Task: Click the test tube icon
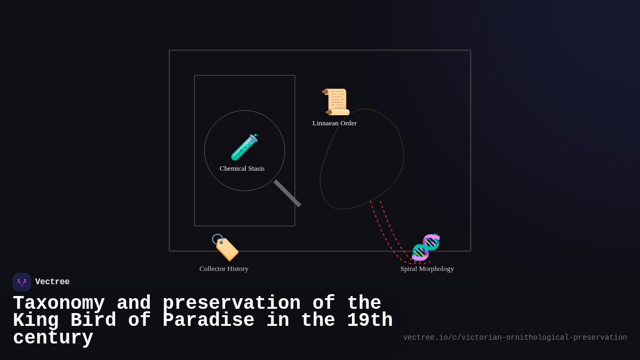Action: pos(244,147)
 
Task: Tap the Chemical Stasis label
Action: pos(242,169)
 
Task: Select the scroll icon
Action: pos(336,102)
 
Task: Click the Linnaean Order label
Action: pos(334,123)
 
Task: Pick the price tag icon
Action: pos(225,247)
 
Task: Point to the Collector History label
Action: pos(224,269)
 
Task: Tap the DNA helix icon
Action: pos(426,247)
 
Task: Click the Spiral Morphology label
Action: pos(427,269)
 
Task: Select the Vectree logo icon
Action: pos(22,282)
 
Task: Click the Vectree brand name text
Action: pos(52,282)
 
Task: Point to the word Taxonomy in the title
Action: pos(59,303)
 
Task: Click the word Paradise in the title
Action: pos(209,321)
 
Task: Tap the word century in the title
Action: pos(53,338)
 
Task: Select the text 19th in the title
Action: pos(370,321)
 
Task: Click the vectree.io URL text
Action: pos(515,338)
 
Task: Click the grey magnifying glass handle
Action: pos(287,193)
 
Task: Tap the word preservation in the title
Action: pos(231,303)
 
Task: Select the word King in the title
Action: pos(36,321)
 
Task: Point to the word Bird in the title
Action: pos(93,321)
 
